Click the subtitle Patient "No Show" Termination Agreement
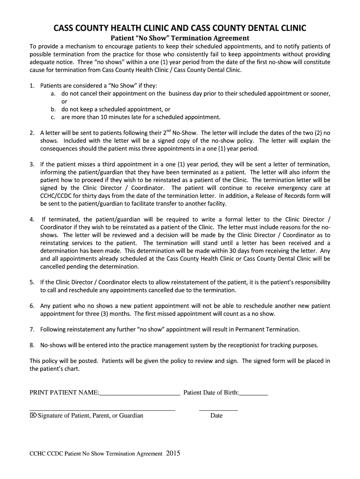[x=180, y=38]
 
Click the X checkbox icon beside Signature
[x=33, y=415]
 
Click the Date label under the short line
[x=216, y=415]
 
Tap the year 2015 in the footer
[x=173, y=453]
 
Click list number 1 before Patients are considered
[x=31, y=86]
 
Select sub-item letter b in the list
[x=53, y=109]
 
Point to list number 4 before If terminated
[x=31, y=219]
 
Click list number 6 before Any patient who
[x=31, y=305]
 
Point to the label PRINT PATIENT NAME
[x=64, y=392]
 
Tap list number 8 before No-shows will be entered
[x=31, y=345]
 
